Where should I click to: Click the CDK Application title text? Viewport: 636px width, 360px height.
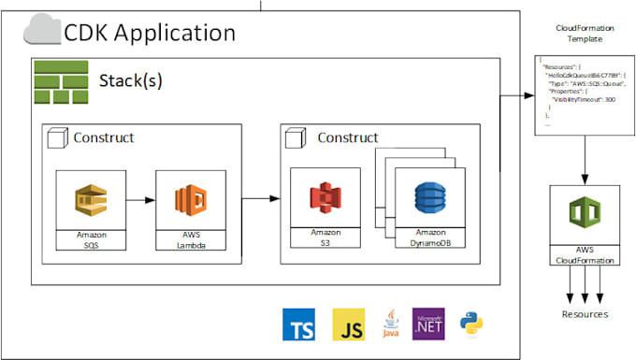point(149,33)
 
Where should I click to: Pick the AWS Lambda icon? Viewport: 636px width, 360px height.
point(190,199)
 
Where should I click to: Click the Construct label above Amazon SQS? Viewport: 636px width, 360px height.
point(102,137)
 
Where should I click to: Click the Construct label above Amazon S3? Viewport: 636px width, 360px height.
point(347,137)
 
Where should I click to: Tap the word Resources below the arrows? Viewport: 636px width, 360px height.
point(584,314)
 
